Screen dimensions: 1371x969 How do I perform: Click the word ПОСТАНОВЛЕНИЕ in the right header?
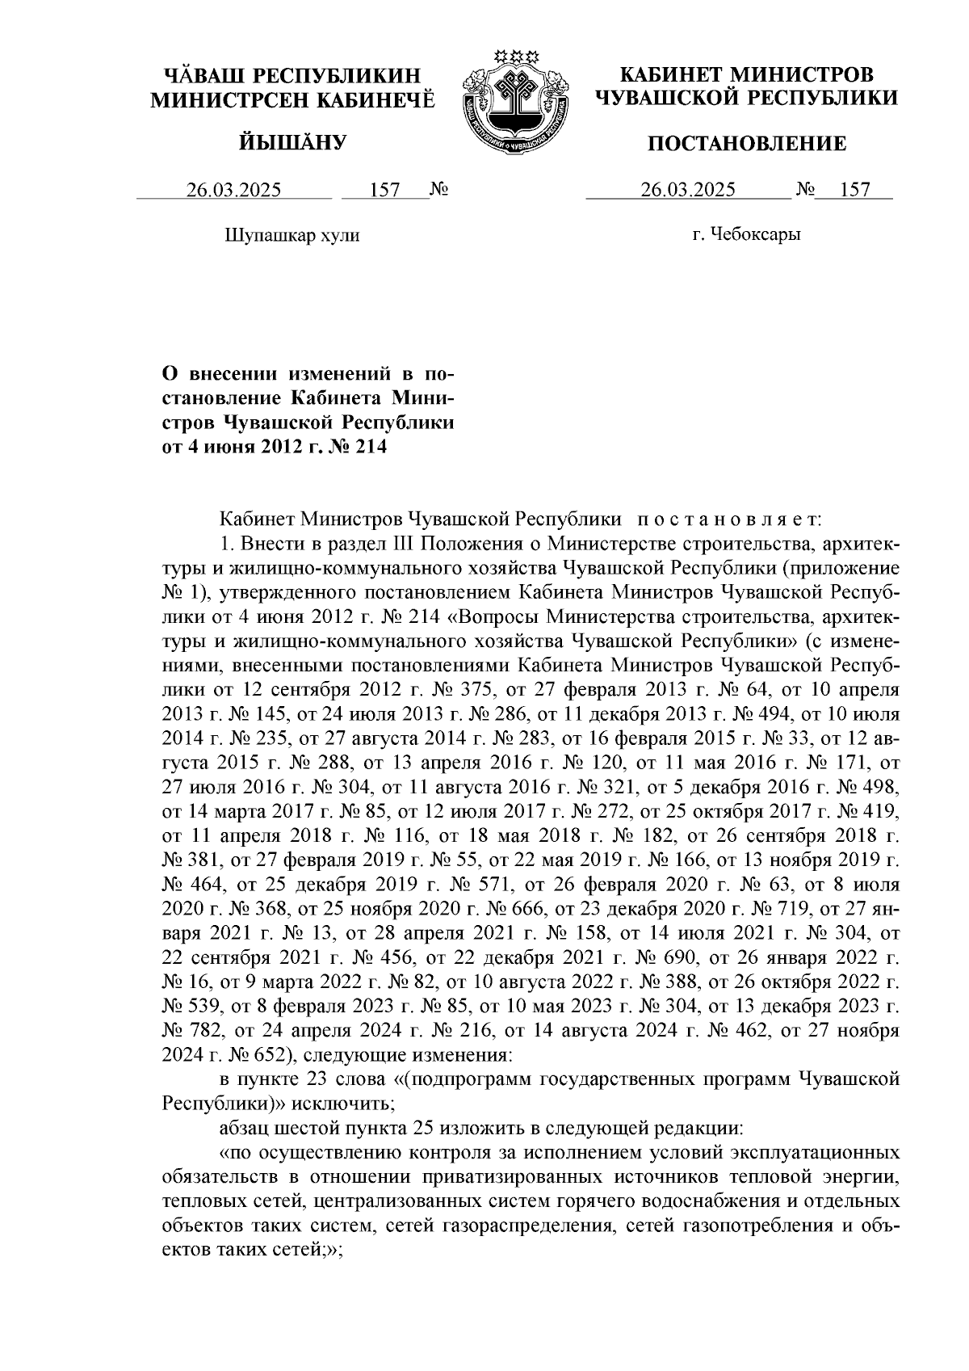tap(747, 145)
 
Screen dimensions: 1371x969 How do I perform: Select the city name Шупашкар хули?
tap(290, 236)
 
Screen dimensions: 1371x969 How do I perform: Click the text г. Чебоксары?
tap(746, 236)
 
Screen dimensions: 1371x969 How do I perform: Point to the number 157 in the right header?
tap(854, 191)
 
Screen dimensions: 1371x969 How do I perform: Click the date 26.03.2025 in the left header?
tap(234, 191)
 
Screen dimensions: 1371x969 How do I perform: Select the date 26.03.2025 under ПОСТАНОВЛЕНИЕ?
tap(688, 191)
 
